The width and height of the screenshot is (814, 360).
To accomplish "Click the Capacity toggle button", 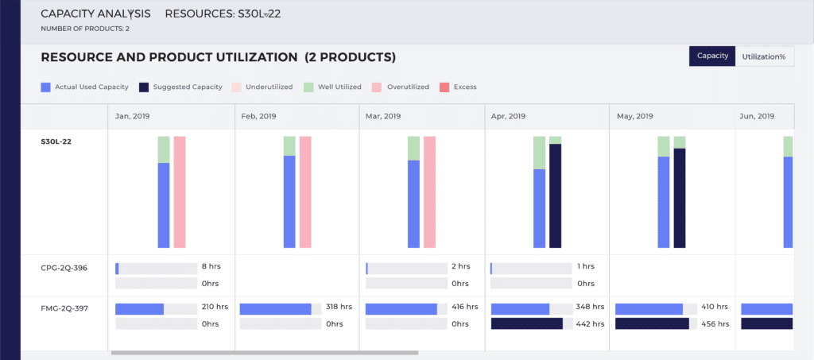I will click(712, 56).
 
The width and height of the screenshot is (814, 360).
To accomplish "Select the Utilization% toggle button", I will click(764, 56).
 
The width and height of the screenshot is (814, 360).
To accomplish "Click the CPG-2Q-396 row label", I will click(64, 268).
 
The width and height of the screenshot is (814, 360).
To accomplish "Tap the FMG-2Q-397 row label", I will click(64, 308).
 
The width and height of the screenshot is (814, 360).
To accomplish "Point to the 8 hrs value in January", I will click(209, 267).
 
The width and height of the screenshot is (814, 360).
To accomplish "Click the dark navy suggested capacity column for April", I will click(555, 195).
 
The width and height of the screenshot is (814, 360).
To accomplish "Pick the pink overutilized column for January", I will click(180, 192).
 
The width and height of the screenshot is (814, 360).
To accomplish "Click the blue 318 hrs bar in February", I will click(275, 308).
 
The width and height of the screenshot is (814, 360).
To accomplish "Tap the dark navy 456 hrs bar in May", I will click(652, 323).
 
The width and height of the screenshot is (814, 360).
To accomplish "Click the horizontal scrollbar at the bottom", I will click(264, 352).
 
